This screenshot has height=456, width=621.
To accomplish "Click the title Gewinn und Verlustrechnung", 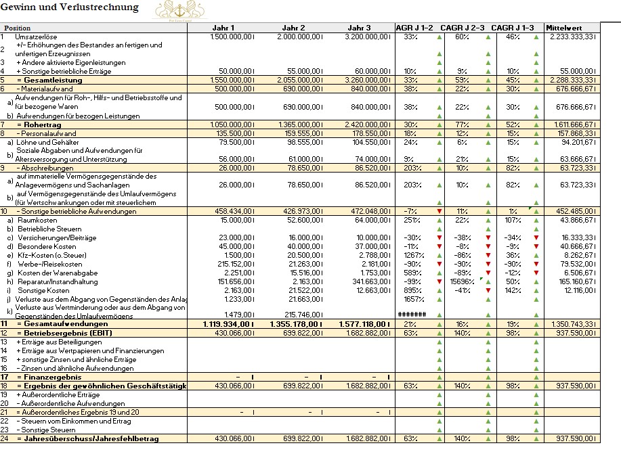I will (x=70, y=7).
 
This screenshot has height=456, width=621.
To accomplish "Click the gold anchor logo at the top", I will (x=179, y=9).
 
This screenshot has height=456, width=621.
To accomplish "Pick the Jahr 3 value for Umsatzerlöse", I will (x=368, y=37).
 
